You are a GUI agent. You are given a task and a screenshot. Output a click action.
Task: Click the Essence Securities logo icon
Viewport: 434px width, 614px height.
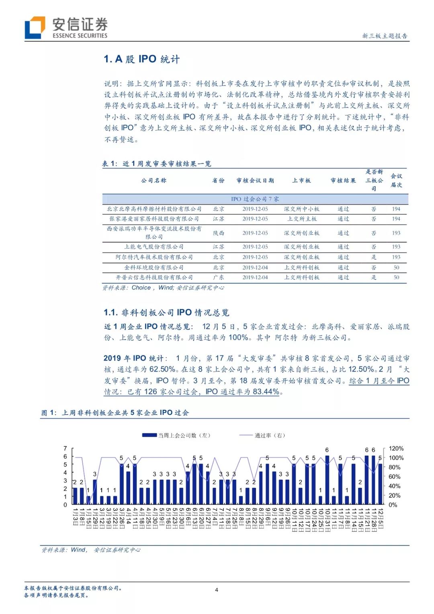[x=35, y=27]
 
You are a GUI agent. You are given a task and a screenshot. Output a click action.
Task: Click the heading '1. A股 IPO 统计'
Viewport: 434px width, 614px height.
[x=141, y=59]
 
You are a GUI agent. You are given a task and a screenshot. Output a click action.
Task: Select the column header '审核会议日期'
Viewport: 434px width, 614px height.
[x=255, y=181]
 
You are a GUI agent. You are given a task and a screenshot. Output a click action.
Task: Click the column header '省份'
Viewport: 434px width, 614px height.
[x=219, y=181]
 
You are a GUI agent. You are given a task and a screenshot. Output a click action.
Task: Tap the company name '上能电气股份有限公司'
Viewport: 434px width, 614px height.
[x=154, y=247]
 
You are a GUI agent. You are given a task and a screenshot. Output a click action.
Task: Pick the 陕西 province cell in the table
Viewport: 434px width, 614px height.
[x=219, y=233]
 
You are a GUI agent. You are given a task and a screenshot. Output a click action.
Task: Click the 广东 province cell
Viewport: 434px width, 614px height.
[x=219, y=277]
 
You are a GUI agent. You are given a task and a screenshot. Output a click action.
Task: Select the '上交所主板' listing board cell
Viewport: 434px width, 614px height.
[x=302, y=219]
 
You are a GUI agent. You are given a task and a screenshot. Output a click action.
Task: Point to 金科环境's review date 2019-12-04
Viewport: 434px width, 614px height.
[x=255, y=267]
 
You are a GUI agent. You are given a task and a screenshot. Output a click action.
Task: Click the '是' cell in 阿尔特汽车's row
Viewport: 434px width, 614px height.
[x=374, y=257]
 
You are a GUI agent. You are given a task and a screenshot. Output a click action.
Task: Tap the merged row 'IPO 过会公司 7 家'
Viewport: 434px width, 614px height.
[x=255, y=199]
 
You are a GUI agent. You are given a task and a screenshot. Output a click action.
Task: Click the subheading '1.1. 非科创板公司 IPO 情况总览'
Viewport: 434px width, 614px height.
[x=166, y=312]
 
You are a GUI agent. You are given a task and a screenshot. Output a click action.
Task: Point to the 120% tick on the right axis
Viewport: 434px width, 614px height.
[x=396, y=448]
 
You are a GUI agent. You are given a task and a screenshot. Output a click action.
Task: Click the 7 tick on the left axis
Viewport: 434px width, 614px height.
[x=65, y=448]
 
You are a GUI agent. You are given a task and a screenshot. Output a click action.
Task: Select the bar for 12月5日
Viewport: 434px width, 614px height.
[x=380, y=484]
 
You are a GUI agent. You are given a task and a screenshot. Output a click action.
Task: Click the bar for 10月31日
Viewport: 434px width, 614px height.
[x=327, y=480]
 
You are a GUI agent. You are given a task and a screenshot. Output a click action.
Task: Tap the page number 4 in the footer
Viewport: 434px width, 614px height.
[x=217, y=590]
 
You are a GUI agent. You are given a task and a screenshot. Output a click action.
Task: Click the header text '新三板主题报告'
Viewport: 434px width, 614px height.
[x=385, y=36]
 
